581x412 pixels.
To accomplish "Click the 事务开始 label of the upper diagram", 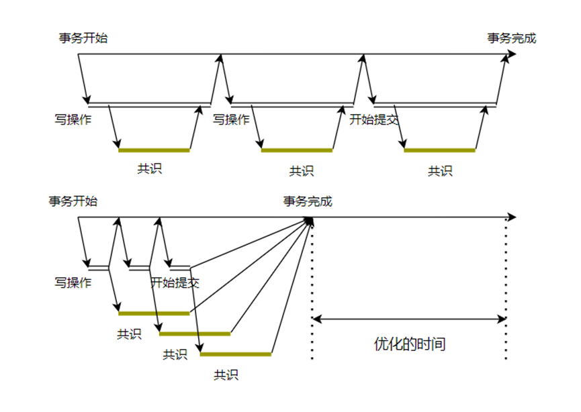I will (83, 38).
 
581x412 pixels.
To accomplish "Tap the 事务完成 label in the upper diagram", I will (512, 38).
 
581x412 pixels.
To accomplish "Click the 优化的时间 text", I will (410, 345).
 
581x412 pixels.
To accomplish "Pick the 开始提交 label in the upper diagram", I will (374, 120).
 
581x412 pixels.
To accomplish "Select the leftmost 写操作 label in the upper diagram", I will (73, 120).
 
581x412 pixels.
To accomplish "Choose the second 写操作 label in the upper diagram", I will (231, 120).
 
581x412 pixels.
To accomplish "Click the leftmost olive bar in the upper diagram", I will (154, 150).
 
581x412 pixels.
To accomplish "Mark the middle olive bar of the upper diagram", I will (297, 150).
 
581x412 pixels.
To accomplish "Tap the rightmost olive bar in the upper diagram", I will (439, 150).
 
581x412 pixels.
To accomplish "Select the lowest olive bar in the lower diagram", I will (236, 354).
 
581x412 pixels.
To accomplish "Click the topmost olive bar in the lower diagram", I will (154, 313).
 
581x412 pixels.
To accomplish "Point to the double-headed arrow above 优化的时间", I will (409, 319).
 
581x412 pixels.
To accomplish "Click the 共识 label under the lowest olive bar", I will (226, 375).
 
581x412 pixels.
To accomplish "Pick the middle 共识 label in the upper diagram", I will (302, 171).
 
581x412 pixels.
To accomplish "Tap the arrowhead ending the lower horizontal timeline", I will (512, 217).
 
